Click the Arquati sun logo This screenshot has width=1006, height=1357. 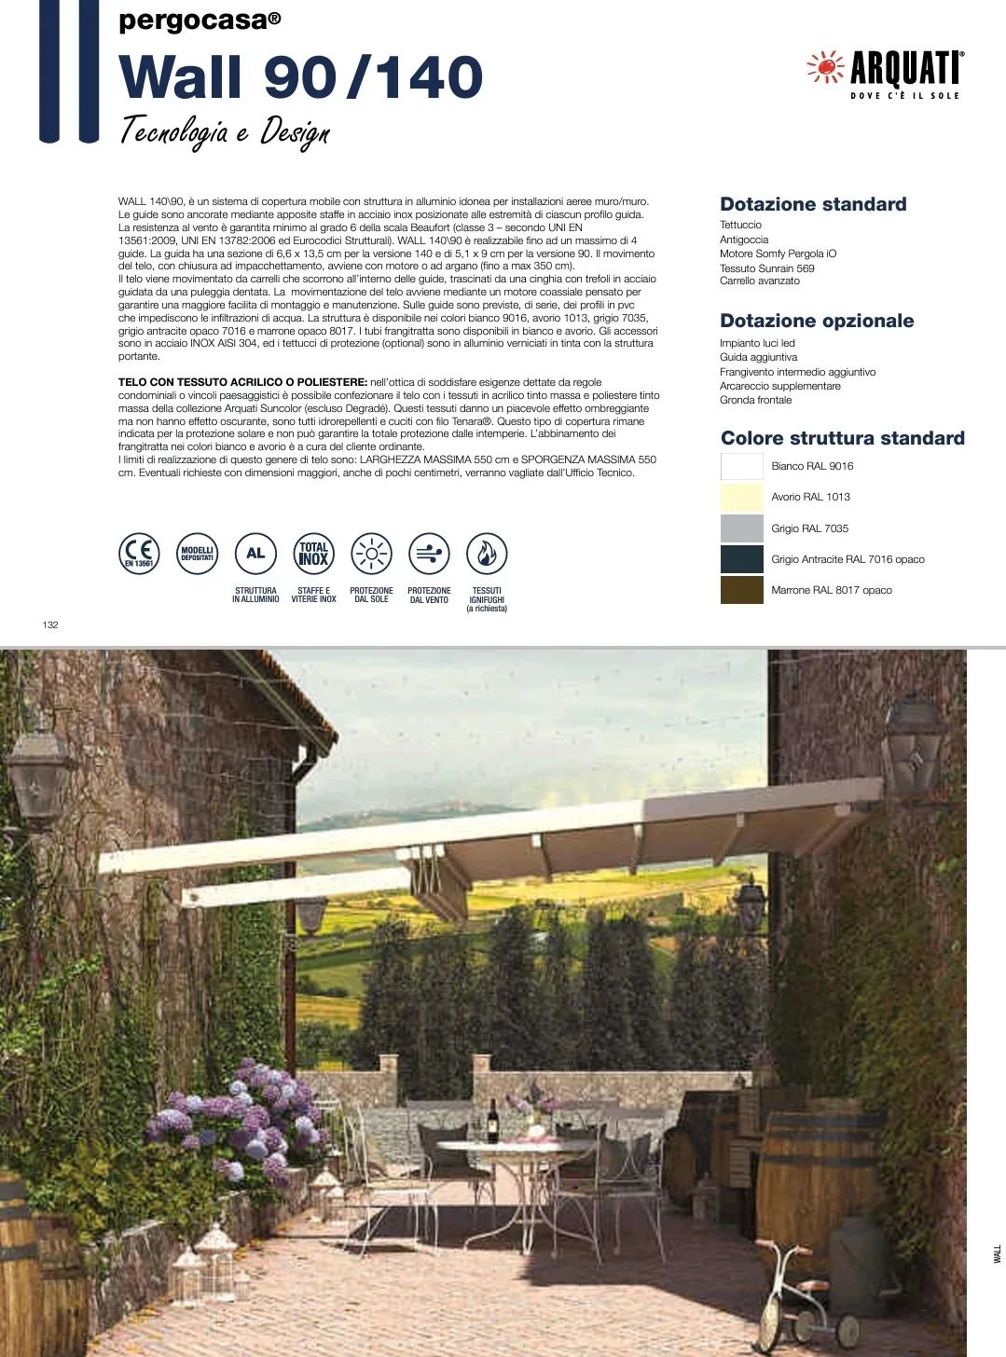coord(825,67)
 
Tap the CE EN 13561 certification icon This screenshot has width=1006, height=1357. coord(139,554)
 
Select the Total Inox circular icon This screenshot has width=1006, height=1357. coord(313,554)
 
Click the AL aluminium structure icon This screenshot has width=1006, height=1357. coord(255,554)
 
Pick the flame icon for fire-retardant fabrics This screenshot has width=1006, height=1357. coord(487,554)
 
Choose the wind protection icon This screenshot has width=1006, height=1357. coord(429,554)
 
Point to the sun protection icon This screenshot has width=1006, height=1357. coord(371,554)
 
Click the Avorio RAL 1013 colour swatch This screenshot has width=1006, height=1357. coord(741,497)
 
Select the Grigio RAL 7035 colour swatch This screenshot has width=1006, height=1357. coord(741,528)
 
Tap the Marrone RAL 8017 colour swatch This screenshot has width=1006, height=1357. coord(741,590)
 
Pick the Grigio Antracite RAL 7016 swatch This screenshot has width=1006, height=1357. coord(741,559)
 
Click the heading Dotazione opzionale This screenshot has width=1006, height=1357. coord(817,321)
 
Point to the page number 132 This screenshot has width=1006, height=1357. coord(50,624)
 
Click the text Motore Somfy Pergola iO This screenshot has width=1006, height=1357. coord(778,254)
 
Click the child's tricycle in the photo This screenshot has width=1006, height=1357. coord(804,1295)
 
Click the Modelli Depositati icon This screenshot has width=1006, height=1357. coord(197,554)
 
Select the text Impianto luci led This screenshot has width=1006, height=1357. coord(757,343)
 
